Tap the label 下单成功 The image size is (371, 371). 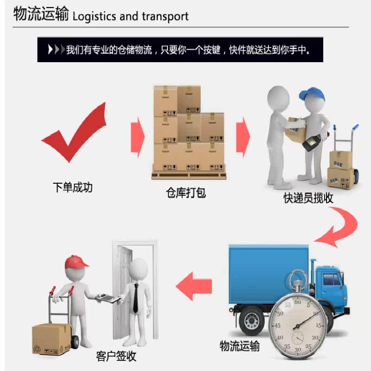coord(72,187)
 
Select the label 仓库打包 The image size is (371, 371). coord(185,192)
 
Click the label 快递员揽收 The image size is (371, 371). coord(308,198)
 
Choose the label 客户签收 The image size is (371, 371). coord(116,356)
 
